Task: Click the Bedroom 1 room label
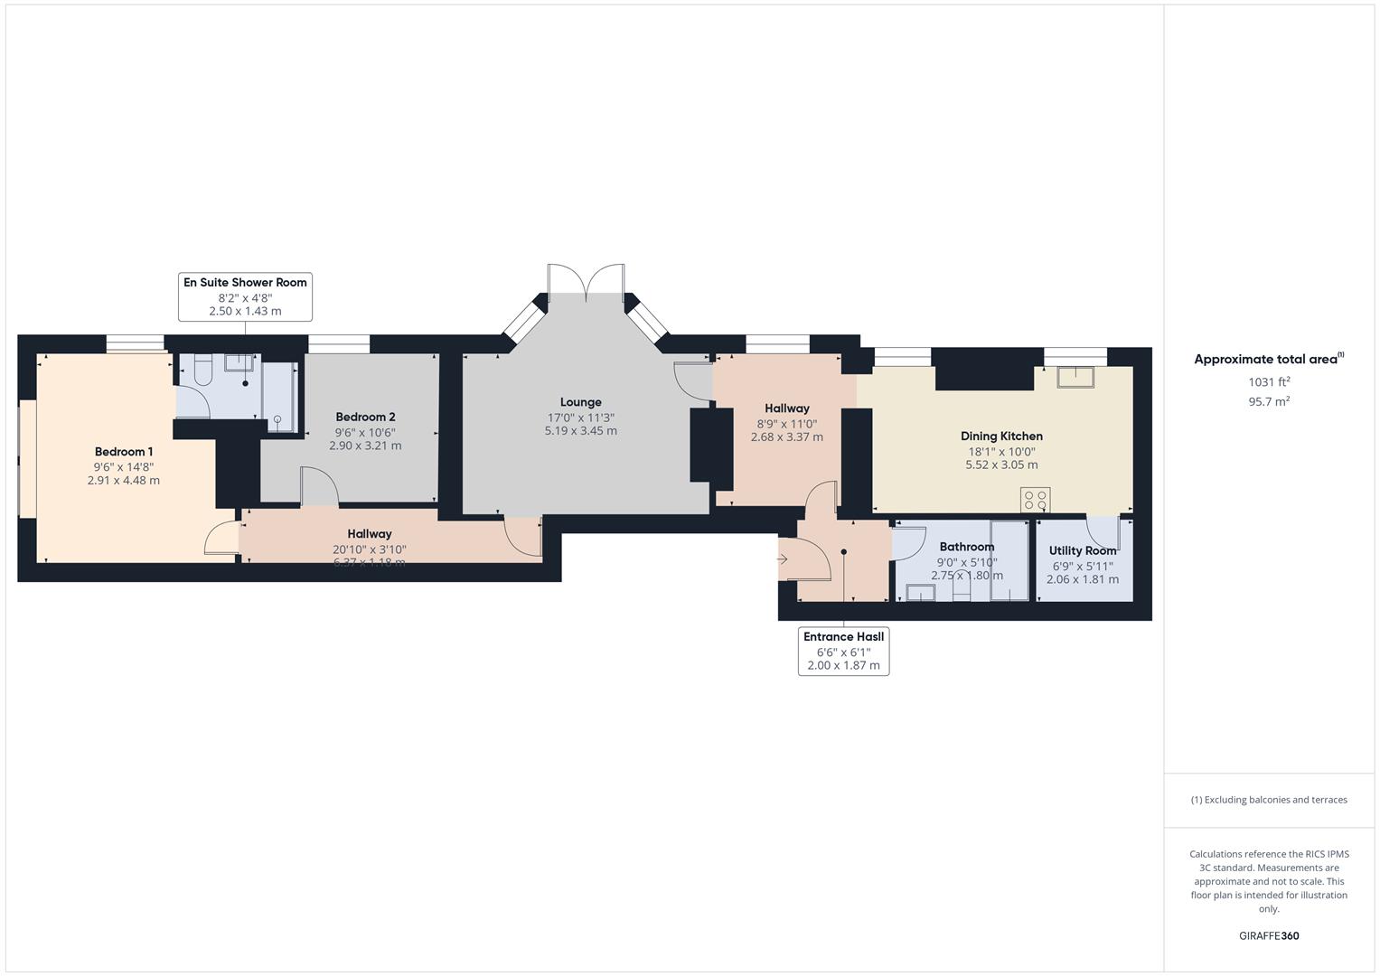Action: tap(124, 452)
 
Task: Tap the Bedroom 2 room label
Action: tap(365, 417)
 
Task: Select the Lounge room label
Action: tap(580, 402)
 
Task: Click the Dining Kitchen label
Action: tap(1001, 436)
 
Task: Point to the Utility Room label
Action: tap(1082, 550)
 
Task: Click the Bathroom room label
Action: tap(966, 547)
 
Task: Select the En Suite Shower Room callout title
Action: tap(245, 283)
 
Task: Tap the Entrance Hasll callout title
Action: tap(843, 636)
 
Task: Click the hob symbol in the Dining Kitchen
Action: tap(1036, 500)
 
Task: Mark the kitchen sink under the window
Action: tap(1075, 375)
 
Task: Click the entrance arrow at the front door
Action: tap(782, 559)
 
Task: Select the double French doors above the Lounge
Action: tap(586, 281)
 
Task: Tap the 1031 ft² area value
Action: tap(1269, 382)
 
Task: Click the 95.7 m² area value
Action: tap(1269, 402)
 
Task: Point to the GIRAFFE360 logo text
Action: tap(1269, 936)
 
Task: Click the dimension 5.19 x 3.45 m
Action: tap(580, 431)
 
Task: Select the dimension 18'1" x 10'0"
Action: tap(1001, 451)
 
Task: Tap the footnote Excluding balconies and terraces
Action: tap(1269, 800)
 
